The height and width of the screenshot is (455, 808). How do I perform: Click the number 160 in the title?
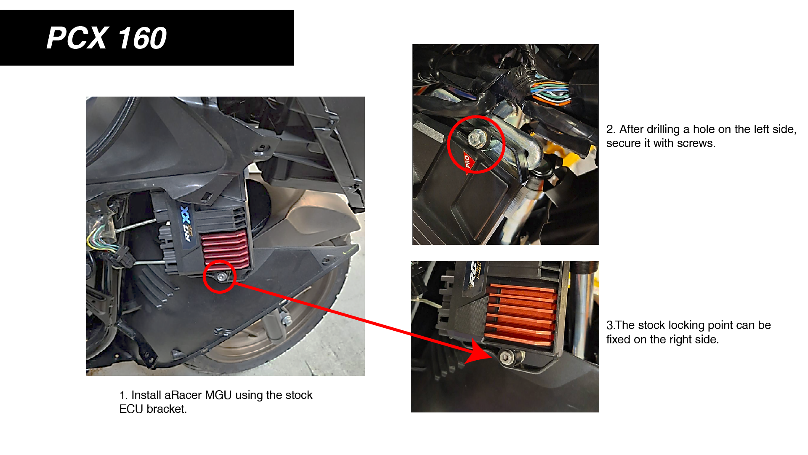[x=142, y=38]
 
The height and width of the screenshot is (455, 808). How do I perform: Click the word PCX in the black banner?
[x=78, y=38]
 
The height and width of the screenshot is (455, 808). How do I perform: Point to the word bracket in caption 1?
[x=166, y=409]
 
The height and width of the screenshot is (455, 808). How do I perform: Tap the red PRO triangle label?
[x=468, y=162]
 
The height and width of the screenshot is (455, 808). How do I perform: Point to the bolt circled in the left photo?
[x=221, y=276]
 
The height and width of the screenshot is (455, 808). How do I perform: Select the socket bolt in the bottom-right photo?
[x=506, y=357]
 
